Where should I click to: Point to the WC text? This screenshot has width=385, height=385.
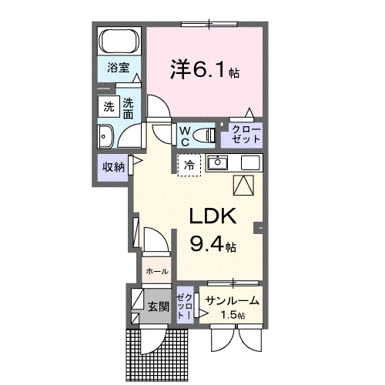[185, 136]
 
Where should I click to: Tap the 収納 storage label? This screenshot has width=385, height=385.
[112, 166]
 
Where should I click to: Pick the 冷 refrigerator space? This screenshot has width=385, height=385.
[188, 164]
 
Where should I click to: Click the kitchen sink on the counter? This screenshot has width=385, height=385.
[219, 163]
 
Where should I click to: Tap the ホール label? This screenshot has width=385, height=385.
[157, 272]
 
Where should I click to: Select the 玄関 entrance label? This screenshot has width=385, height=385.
[158, 306]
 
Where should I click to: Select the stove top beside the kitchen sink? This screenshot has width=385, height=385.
[251, 163]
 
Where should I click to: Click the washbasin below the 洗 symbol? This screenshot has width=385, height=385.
[105, 137]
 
